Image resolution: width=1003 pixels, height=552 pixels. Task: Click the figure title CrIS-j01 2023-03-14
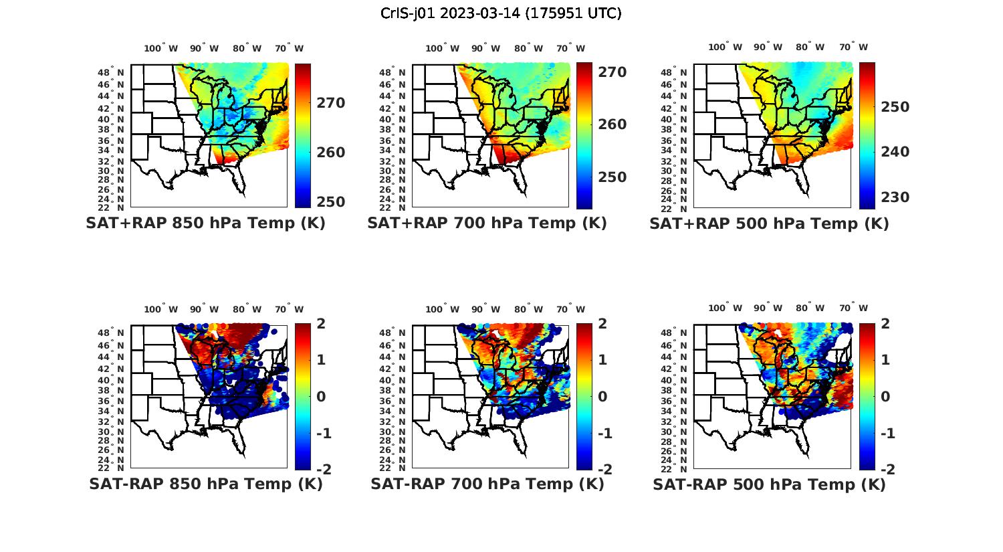[x=501, y=13]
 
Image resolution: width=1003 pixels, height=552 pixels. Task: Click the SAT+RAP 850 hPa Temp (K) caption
[x=205, y=223]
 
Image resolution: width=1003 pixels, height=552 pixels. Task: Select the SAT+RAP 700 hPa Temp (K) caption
[x=487, y=223]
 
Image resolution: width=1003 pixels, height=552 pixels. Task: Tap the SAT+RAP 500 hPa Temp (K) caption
[x=769, y=223]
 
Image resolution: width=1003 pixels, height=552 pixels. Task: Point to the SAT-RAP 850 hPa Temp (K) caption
[x=205, y=484]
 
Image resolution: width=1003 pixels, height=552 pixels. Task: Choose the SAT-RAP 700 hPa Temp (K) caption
[x=487, y=484]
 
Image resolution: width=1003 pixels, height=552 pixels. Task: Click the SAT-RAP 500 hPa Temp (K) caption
[x=769, y=484]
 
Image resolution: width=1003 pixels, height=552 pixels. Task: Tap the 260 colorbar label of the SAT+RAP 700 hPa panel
[x=612, y=124]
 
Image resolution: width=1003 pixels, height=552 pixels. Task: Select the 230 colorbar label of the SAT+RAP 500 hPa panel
[x=895, y=197]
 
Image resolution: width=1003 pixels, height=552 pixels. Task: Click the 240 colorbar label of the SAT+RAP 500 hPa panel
[x=895, y=152]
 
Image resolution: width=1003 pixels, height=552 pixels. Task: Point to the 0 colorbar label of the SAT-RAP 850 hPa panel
[x=321, y=396]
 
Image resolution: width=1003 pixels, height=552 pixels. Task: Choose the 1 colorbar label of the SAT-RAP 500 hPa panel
[x=885, y=360]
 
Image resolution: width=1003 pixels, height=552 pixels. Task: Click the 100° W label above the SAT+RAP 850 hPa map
[x=161, y=48]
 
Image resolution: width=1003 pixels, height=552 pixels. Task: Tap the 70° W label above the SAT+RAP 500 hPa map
[x=853, y=47]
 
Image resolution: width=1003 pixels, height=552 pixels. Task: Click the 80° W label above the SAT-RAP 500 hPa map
[x=810, y=308]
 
